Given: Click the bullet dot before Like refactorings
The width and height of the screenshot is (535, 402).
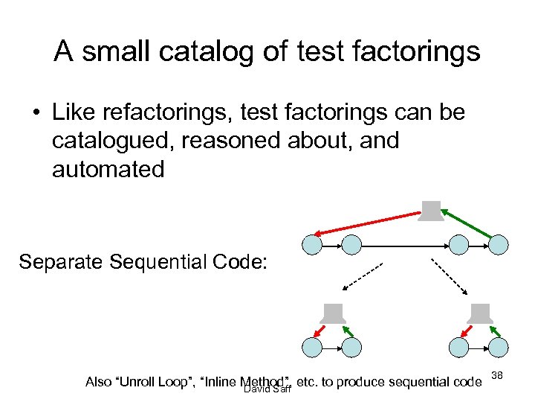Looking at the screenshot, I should tap(35, 114).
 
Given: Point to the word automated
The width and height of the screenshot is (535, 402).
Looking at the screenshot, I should tap(108, 169).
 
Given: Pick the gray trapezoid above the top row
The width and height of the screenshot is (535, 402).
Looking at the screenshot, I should tap(430, 211).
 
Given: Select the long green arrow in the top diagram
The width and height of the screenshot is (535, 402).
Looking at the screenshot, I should tap(468, 223).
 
